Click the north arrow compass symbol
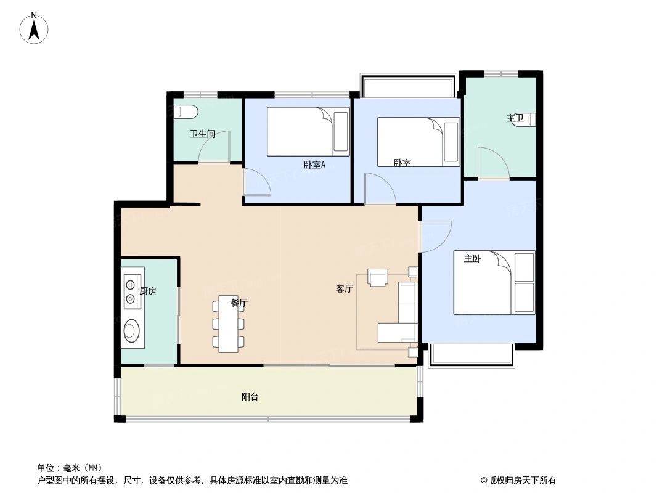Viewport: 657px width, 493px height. [x=35, y=28]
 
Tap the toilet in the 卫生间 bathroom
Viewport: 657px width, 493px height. [x=186, y=112]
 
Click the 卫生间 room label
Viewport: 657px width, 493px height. [x=202, y=134]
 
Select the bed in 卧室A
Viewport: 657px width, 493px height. [x=308, y=132]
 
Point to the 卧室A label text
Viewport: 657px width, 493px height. [x=314, y=165]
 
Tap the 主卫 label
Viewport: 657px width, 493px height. [x=515, y=118]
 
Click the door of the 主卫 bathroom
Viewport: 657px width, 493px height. [x=493, y=163]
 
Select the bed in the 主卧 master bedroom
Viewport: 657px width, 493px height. [x=494, y=282]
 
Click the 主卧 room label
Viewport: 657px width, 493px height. [x=472, y=259]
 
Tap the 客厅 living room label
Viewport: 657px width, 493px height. [x=345, y=288]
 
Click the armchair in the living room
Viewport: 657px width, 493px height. [x=377, y=278]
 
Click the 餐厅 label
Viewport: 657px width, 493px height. [x=239, y=303]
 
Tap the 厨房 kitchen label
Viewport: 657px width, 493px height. [x=148, y=291]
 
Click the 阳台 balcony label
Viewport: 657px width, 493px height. [x=250, y=397]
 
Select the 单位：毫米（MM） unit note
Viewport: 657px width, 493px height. [x=69, y=468]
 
